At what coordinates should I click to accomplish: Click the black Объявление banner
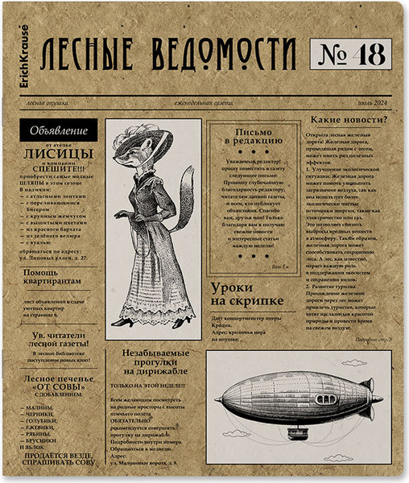coord(62,130)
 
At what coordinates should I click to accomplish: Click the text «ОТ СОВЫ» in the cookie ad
coord(58,385)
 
